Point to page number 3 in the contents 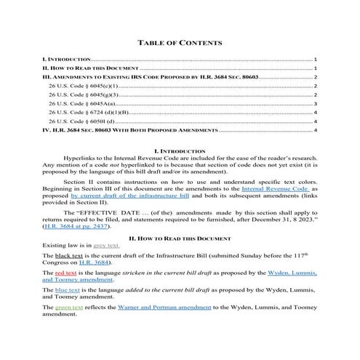(x=316, y=104)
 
